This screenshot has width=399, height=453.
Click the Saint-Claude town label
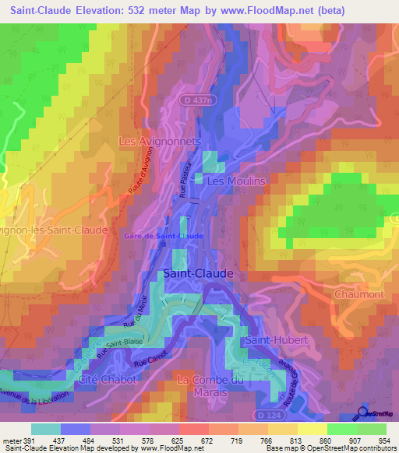[x=197, y=274]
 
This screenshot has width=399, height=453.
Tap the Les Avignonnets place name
[x=160, y=142]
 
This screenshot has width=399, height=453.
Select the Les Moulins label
[x=236, y=181]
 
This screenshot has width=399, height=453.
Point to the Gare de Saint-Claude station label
[x=164, y=236]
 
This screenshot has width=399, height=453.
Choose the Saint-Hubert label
[x=277, y=341]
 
